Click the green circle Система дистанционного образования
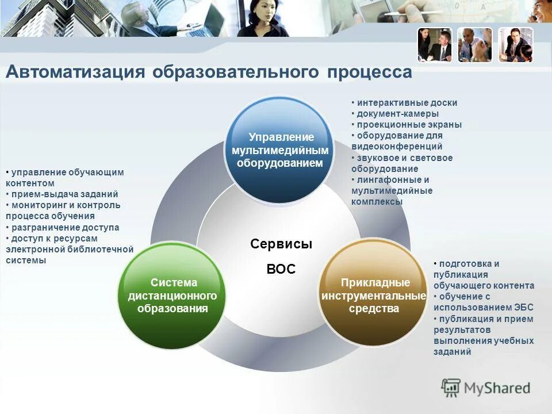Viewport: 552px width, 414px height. (x=173, y=296)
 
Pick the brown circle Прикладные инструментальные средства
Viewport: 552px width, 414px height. (x=374, y=296)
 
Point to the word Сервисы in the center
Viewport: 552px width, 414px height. (x=281, y=244)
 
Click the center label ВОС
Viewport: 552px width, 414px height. (x=281, y=269)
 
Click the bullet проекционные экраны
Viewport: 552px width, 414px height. (x=409, y=125)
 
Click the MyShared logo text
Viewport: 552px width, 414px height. (x=497, y=388)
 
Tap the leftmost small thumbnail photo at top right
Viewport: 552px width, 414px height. (x=435, y=45)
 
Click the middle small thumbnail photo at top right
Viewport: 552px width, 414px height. (x=475, y=45)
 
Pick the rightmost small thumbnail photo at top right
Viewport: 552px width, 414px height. (x=515, y=45)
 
